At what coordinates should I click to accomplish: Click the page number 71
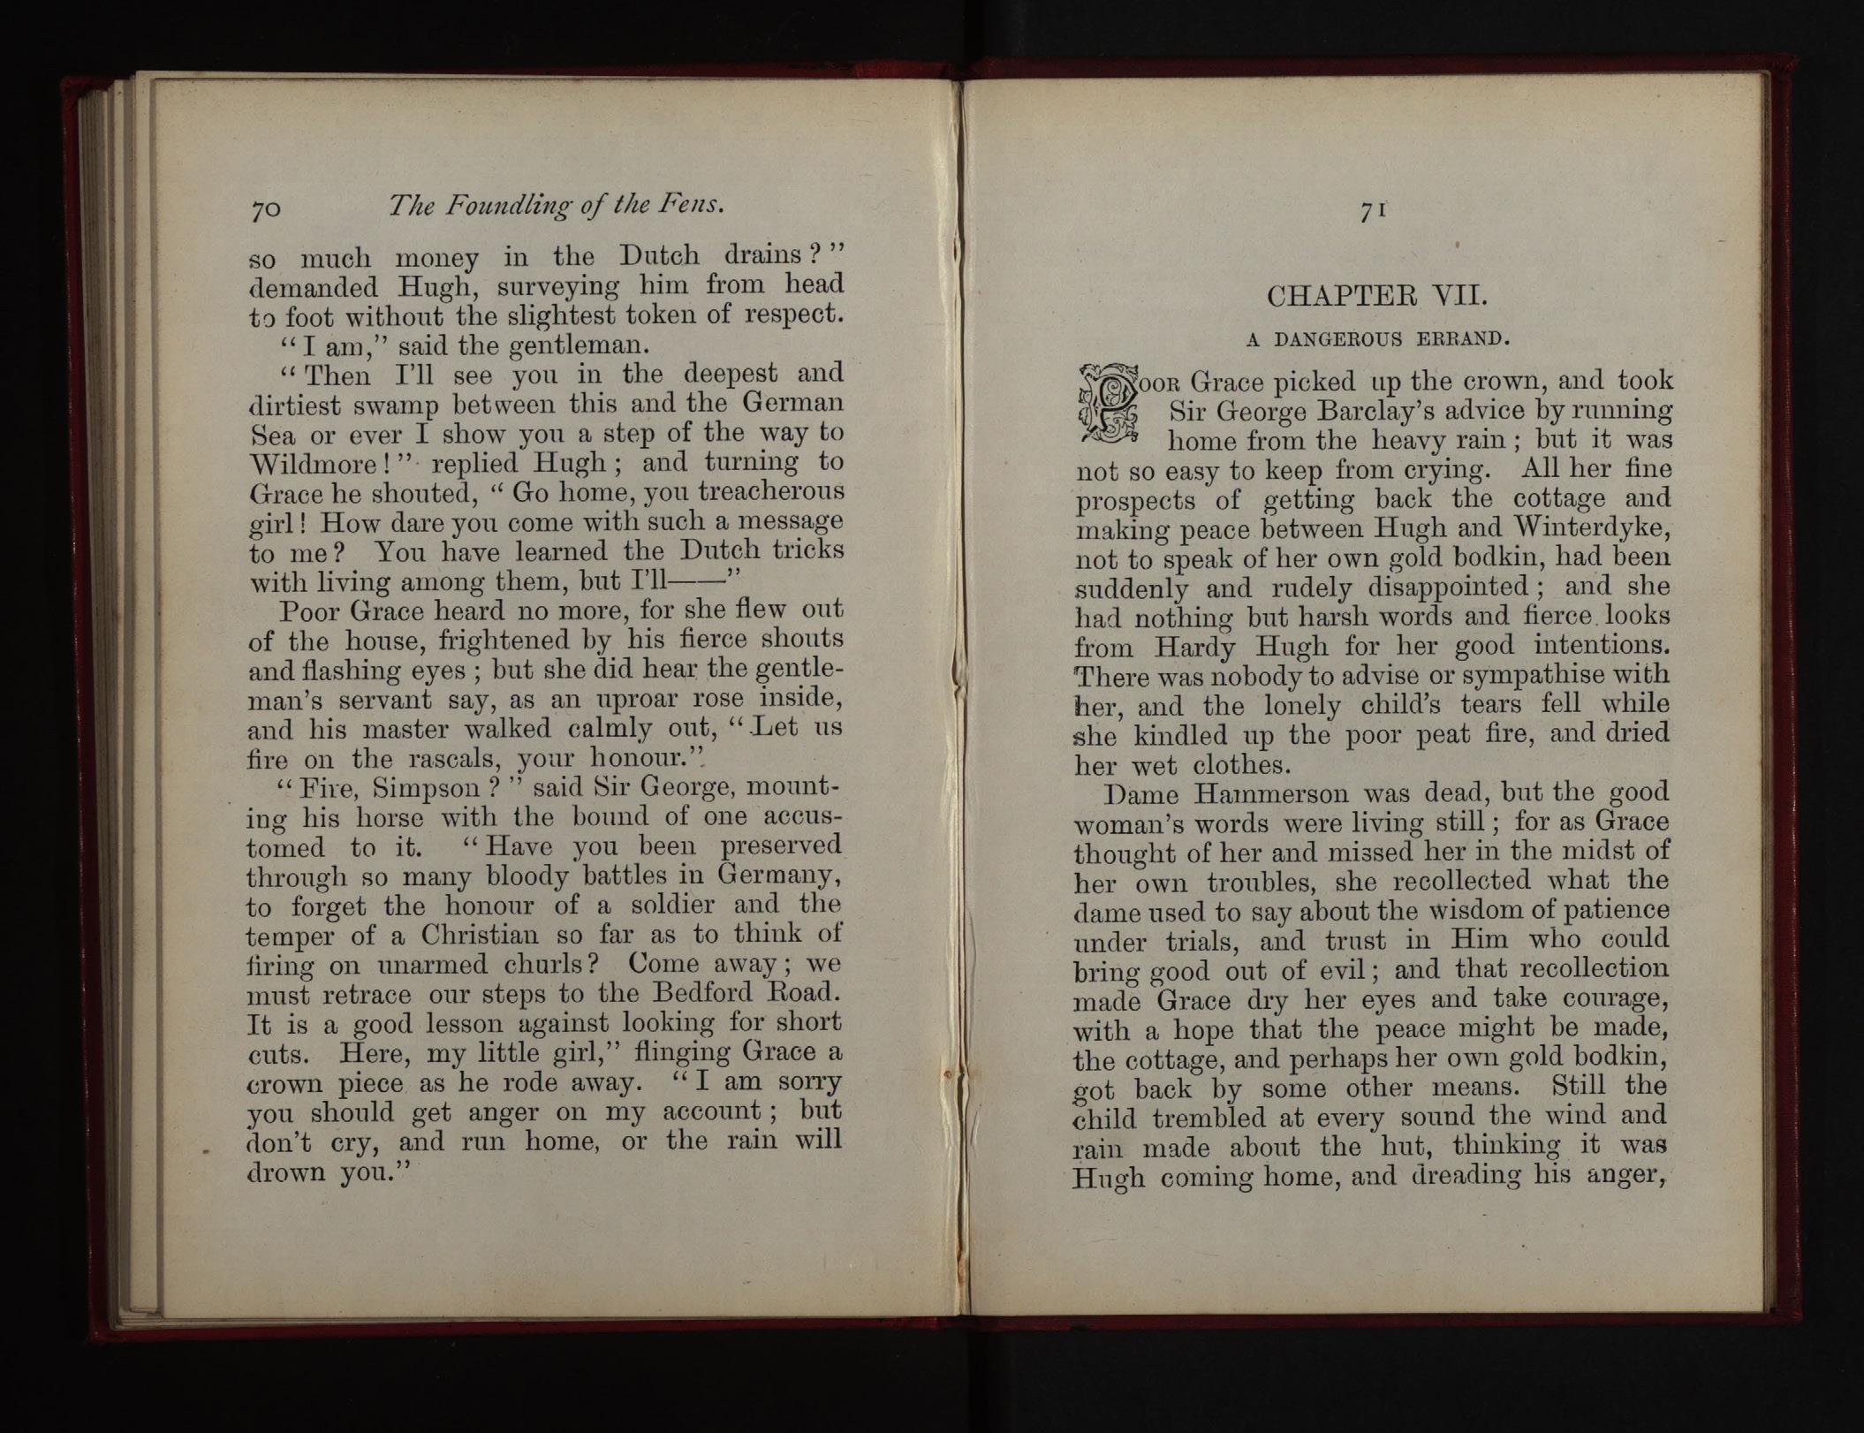point(1371,211)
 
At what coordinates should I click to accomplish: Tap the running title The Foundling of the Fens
point(557,206)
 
